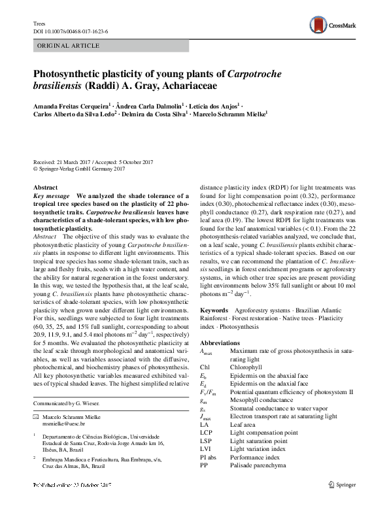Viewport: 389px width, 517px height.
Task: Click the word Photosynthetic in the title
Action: click(72, 73)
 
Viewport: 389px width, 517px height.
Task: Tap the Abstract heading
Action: click(45, 188)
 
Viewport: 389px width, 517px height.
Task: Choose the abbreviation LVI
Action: click(205, 448)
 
